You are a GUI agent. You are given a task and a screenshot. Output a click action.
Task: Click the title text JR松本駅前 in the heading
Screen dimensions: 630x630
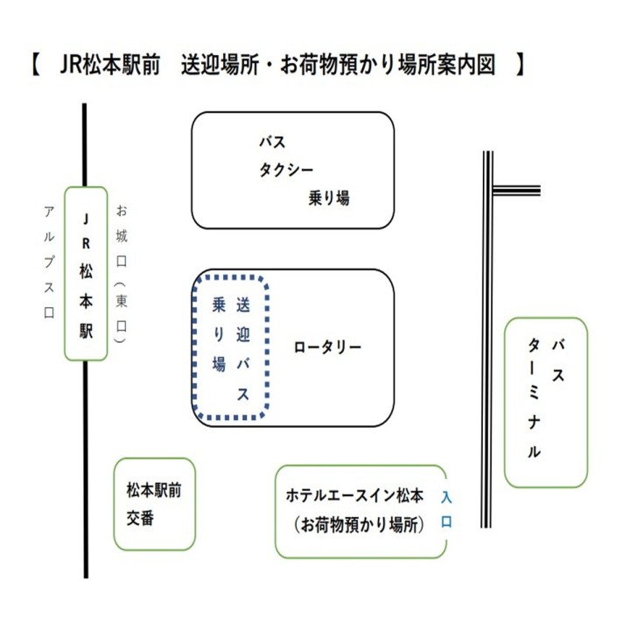111,66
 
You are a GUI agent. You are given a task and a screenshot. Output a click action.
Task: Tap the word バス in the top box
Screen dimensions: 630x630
271,142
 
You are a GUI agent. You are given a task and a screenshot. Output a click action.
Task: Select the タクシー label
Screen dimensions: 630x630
285,170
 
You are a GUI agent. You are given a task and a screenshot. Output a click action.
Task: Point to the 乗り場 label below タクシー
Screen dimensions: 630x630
328,199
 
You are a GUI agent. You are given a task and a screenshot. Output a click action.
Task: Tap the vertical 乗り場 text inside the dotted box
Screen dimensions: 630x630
219,335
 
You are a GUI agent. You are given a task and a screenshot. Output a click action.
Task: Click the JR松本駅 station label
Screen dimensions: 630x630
86,273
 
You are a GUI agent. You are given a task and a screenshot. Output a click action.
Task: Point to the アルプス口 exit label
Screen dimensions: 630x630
49,262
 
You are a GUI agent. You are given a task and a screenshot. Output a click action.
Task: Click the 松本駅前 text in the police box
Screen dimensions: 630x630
153,491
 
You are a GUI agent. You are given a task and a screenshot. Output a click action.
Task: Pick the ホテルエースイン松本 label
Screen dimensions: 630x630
355,496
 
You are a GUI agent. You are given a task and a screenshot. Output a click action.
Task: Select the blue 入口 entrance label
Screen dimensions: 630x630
445,510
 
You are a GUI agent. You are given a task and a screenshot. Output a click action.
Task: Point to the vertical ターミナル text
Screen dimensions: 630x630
534,400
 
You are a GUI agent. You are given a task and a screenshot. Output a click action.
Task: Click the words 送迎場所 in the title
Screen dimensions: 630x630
220,66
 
